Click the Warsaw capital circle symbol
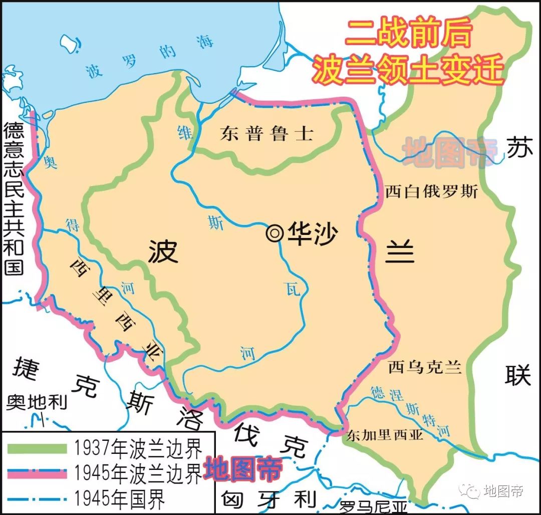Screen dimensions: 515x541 (275, 233)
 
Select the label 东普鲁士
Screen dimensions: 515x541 (266, 134)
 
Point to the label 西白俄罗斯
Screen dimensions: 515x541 (431, 191)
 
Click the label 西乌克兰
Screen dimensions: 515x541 (424, 367)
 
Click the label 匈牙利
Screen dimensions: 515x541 (268, 499)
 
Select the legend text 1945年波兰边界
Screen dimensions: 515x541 (137, 473)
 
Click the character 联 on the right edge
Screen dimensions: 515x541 (517, 375)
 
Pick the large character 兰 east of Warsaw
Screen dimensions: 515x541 (400, 251)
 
